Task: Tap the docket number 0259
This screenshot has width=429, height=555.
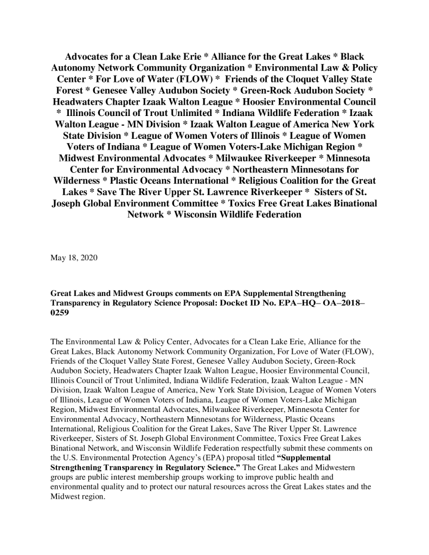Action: pyautogui.click(x=60, y=313)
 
